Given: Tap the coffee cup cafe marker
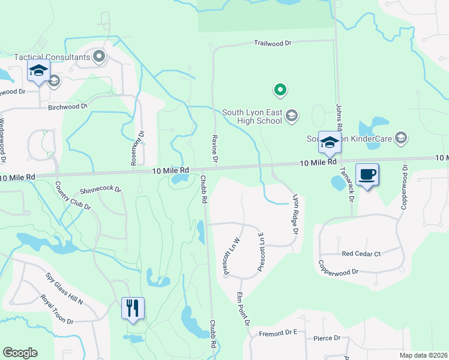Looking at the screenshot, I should (x=367, y=175).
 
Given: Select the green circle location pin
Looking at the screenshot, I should (x=280, y=90).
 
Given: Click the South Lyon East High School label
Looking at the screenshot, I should (x=252, y=116).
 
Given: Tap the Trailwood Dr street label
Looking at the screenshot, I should (x=272, y=43).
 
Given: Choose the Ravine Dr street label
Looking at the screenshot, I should (x=214, y=148).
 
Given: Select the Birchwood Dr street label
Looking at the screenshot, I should (x=68, y=107).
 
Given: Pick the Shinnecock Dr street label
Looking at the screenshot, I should (x=101, y=190).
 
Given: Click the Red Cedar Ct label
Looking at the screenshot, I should (x=361, y=254).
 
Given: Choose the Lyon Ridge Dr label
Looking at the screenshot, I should (x=295, y=214).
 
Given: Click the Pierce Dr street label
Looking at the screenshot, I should (x=327, y=338).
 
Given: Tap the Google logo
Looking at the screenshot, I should (x=20, y=353).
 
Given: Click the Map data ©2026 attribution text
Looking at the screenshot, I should (x=423, y=355).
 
